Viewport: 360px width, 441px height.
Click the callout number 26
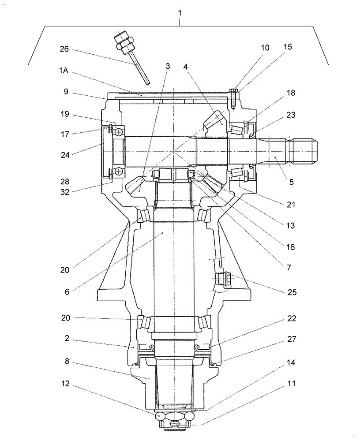click(x=64, y=49)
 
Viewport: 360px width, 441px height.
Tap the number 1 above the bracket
click(x=180, y=13)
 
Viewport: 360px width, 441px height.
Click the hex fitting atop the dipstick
click(x=124, y=40)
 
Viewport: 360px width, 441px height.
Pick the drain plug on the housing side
click(x=222, y=279)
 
